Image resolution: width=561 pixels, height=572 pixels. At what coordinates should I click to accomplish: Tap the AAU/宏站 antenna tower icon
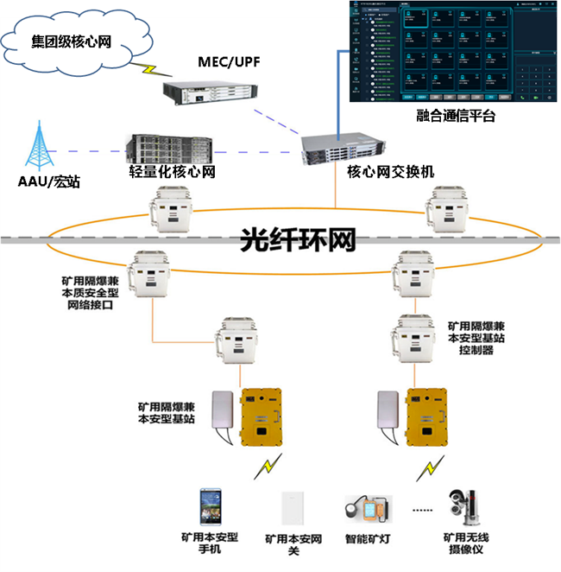point(37,146)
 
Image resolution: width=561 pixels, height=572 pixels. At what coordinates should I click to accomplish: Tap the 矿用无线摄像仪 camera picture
point(459,508)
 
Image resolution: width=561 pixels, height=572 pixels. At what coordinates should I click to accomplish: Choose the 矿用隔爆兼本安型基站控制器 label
point(476,340)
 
